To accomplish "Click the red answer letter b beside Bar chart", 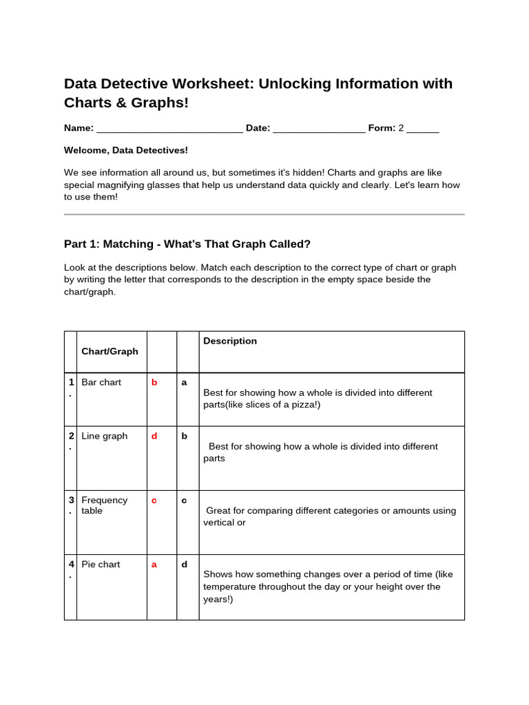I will pos(154,382).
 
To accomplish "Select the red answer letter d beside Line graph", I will pos(154,436).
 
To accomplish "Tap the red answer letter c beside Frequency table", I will pos(154,501).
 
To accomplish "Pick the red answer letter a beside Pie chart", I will pos(154,565).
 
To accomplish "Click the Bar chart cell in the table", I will pos(101,382).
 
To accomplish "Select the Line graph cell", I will pos(104,436).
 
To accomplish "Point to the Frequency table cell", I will pos(104,505).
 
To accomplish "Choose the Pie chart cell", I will pos(101,565).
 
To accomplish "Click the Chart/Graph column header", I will pos(110,351).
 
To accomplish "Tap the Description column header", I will pos(230,341).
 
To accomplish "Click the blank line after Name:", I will pos(169,129).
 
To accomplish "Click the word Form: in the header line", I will pos(382,128).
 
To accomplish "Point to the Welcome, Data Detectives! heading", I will pos(125,150).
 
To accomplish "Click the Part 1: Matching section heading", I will pos(187,244).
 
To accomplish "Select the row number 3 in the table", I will pos(70,501).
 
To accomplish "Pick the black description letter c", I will pos(184,501).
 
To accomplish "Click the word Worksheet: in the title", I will pos(210,84).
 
